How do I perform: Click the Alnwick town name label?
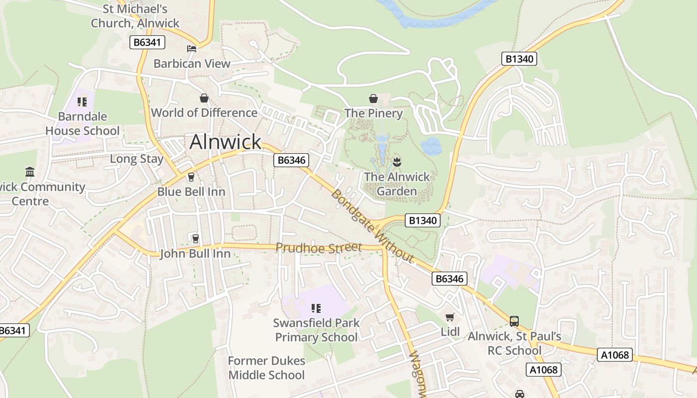click(x=225, y=142)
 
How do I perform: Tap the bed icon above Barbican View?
click(x=192, y=48)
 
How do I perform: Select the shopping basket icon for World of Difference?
click(x=204, y=98)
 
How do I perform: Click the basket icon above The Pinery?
click(x=373, y=99)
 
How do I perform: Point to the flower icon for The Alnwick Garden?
click(x=397, y=162)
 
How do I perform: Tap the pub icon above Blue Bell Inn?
click(x=191, y=177)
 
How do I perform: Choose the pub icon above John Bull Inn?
click(x=195, y=239)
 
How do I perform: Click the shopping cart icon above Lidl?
click(x=450, y=317)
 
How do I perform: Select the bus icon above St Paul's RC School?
click(x=514, y=321)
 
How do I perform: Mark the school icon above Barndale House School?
click(x=82, y=102)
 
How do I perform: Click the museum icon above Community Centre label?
click(x=30, y=172)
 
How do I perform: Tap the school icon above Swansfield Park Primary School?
click(x=316, y=308)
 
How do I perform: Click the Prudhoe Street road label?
click(x=319, y=247)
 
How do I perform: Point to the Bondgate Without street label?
click(x=372, y=226)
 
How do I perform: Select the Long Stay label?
click(x=136, y=159)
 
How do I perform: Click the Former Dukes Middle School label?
click(x=266, y=368)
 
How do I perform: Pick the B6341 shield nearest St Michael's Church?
click(x=147, y=42)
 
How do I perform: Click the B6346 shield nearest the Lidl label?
click(x=450, y=279)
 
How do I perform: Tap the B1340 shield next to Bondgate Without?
click(x=423, y=220)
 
